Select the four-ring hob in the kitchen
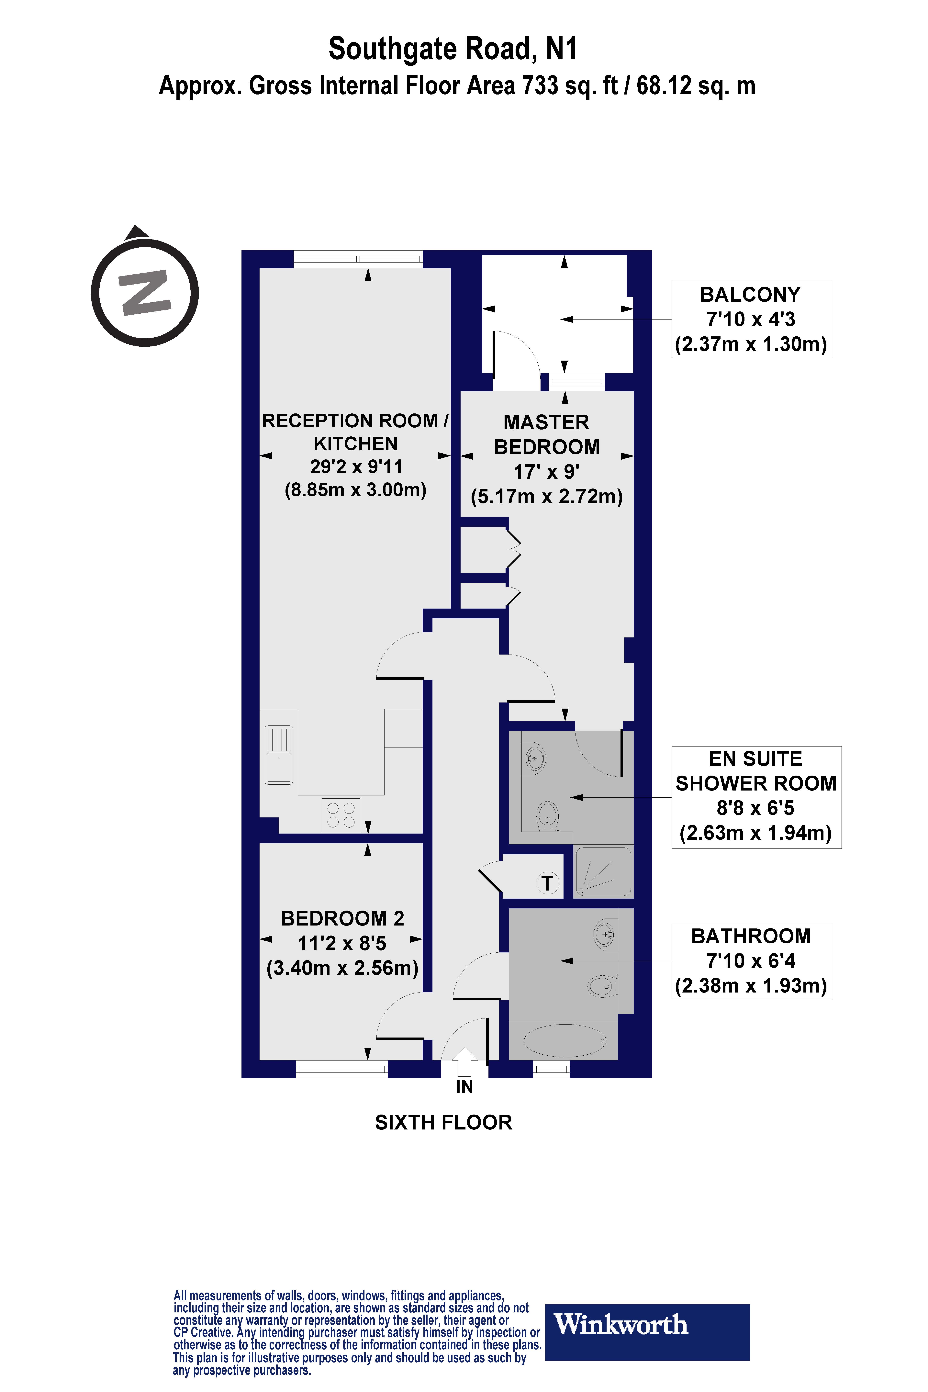pos(341,815)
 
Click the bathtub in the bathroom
pos(565,1040)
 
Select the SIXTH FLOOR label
pos(443,1123)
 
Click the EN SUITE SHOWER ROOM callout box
pos(756,797)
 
